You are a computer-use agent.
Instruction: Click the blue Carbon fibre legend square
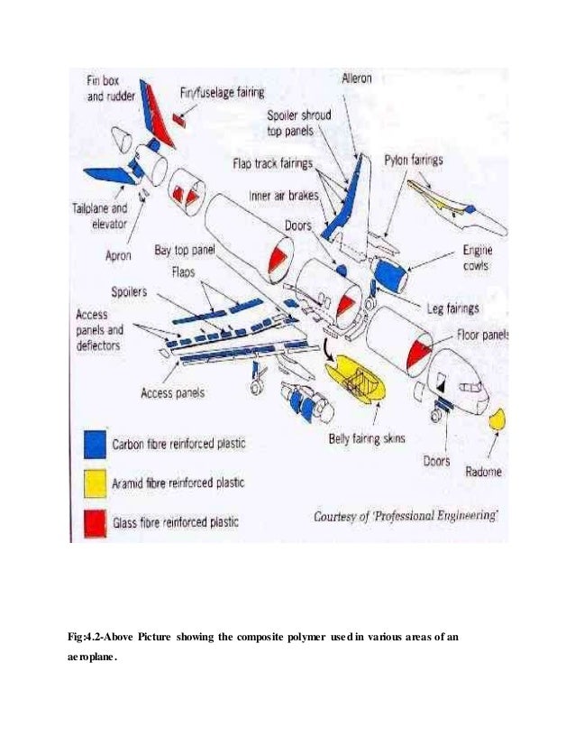pos(93,443)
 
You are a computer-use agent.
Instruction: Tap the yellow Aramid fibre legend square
pos(93,482)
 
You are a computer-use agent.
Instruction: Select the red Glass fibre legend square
pos(93,520)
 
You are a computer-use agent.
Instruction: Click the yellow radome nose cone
pos(495,419)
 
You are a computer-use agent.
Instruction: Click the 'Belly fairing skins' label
pos(367,439)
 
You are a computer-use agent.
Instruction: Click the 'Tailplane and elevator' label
pos(100,216)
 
